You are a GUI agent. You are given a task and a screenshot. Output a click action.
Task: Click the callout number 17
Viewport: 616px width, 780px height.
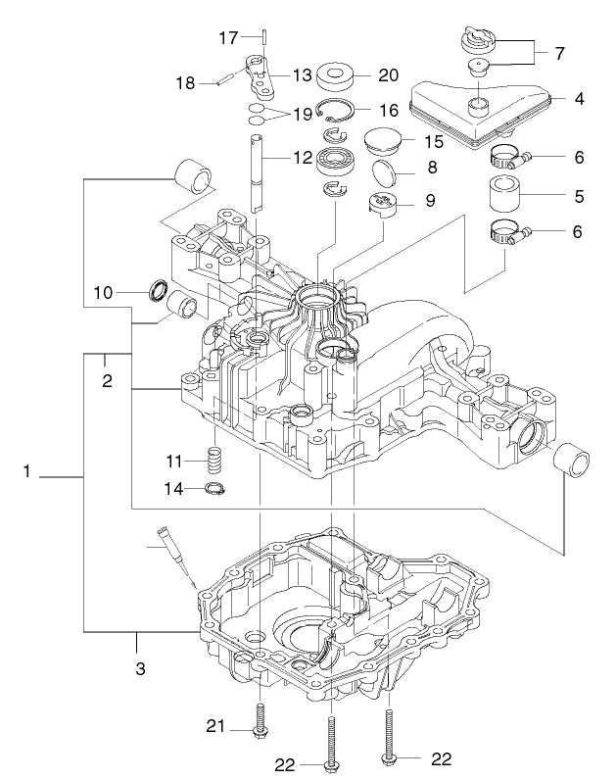click(x=227, y=38)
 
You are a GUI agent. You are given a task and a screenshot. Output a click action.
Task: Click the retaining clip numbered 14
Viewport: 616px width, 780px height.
click(x=215, y=489)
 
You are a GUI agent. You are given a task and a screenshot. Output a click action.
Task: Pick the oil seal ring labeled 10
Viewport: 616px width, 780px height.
click(x=158, y=291)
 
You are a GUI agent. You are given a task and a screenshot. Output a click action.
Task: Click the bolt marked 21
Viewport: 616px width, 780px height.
click(x=260, y=725)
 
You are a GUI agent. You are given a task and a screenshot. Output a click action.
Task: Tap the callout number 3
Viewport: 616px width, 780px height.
click(x=140, y=670)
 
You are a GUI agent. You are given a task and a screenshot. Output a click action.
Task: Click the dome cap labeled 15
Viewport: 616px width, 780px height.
click(x=384, y=140)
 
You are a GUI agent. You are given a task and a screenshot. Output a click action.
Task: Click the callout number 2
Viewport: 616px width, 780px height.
click(x=107, y=381)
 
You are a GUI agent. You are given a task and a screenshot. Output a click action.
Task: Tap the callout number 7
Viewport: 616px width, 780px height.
click(x=559, y=52)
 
